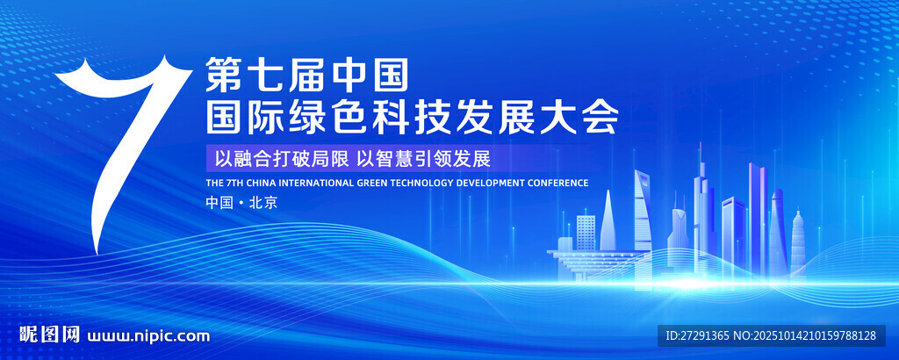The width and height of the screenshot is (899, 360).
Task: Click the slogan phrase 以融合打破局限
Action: click(x=281, y=159)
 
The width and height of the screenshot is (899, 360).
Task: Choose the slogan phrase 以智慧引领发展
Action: click(x=424, y=159)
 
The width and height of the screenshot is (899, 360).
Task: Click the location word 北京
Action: click(x=263, y=202)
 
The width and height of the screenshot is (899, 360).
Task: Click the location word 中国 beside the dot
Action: click(x=219, y=202)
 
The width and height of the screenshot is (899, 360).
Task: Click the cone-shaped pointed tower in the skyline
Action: click(x=608, y=220)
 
